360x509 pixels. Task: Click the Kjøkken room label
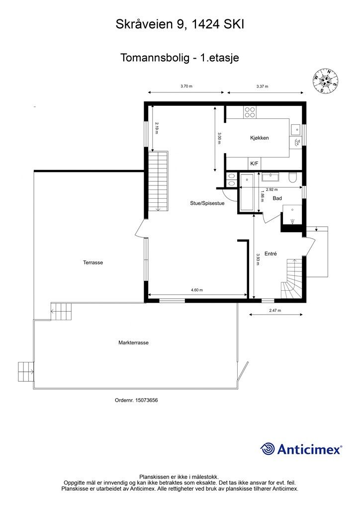pos(260,138)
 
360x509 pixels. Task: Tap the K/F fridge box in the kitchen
pos(254,164)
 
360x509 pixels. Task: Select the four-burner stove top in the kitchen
pos(250,112)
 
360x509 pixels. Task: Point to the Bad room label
pos(277,198)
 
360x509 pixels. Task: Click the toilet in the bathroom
pos(293,177)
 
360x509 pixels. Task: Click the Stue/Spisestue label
pos(207,203)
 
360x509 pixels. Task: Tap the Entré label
pos(270,254)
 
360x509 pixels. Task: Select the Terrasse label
pos(93,262)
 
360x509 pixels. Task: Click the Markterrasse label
pos(133,343)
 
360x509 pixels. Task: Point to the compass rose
pos(326,81)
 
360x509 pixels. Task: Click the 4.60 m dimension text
pos(197,290)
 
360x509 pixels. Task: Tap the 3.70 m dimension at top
pos(186,86)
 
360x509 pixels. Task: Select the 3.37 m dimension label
pos(262,86)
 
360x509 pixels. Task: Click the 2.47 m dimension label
pos(275,310)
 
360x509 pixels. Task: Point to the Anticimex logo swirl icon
pos(268,449)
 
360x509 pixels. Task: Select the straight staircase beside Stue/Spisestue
pos(159,181)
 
